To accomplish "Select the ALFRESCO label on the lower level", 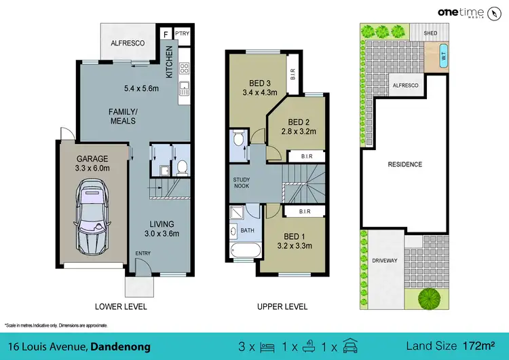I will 129,43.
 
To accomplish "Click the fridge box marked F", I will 166,33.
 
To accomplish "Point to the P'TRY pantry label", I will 182,33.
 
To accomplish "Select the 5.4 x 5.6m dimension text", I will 140,88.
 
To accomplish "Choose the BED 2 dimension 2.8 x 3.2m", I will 299,131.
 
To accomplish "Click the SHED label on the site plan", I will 430,32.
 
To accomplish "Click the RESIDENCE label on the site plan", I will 404,164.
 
